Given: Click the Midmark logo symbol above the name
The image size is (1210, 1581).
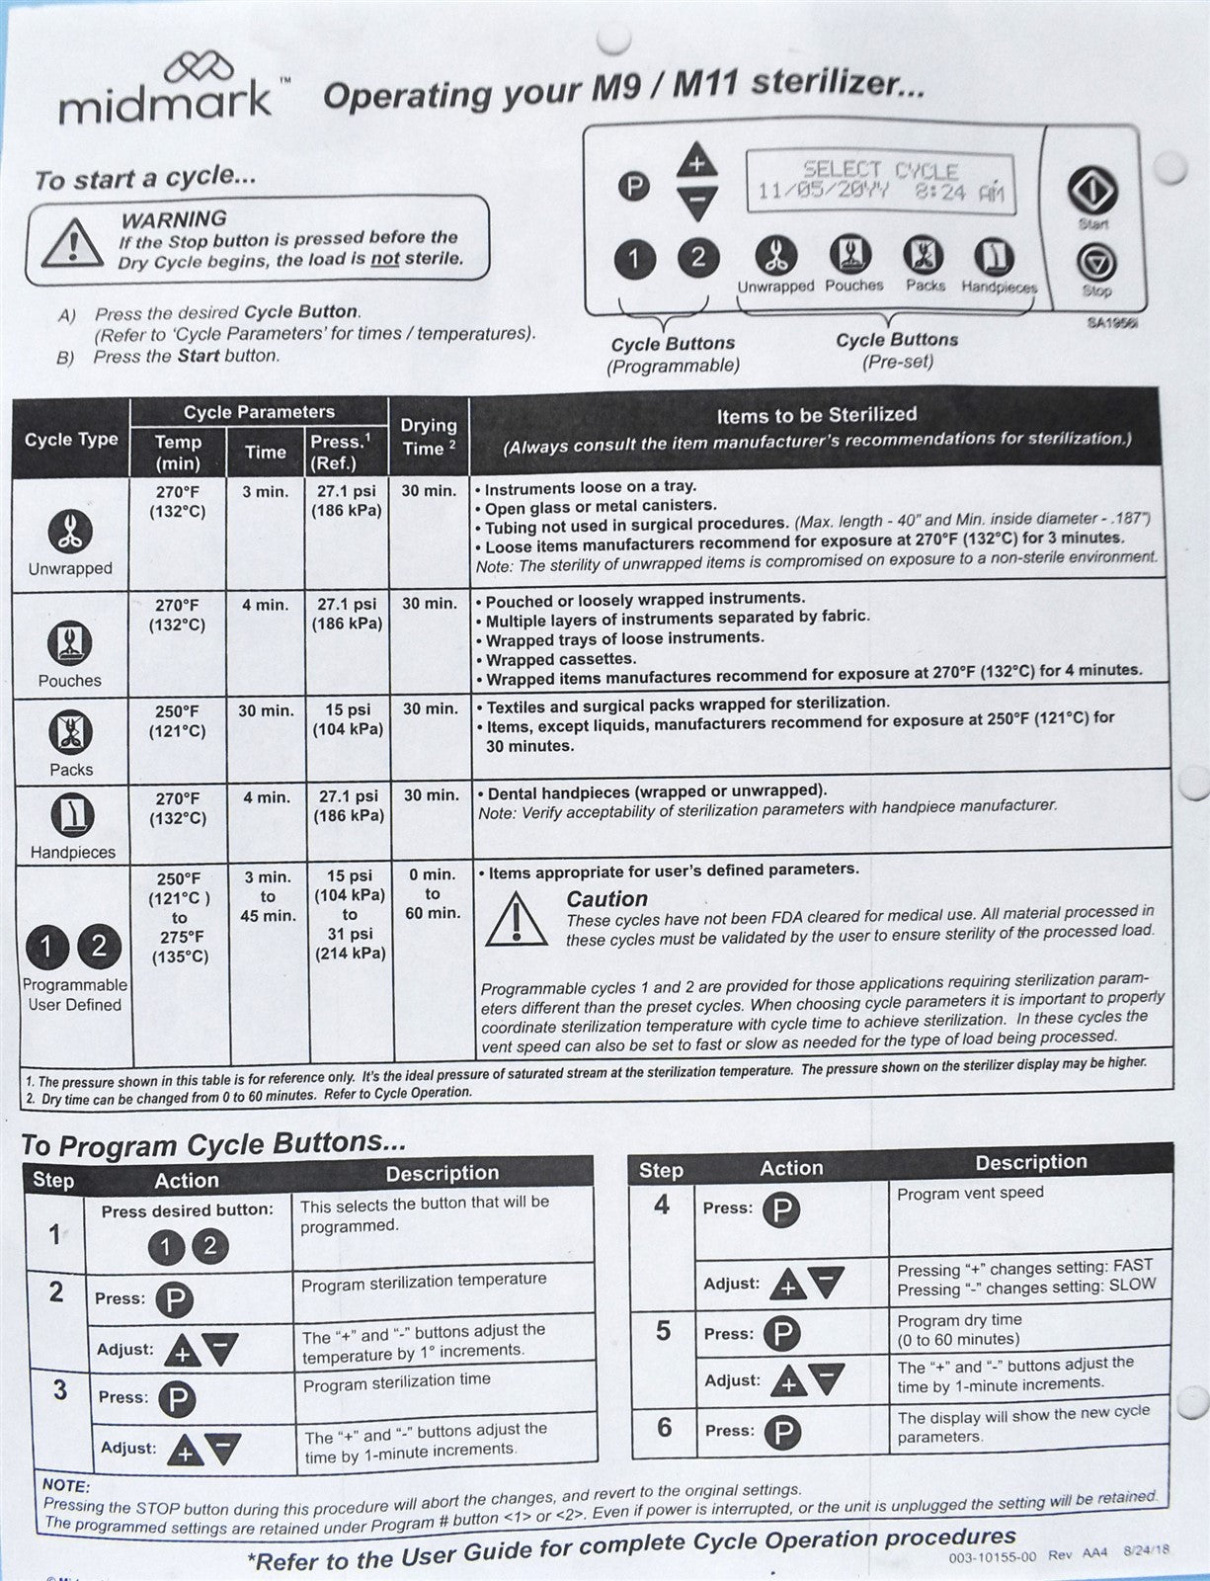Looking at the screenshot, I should pos(200,67).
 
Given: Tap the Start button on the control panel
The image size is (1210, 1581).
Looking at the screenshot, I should pos(1091,190).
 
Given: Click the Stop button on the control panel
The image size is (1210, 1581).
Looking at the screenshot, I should pos(1095,264).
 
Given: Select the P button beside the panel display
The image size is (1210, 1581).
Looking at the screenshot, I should pos(633,185).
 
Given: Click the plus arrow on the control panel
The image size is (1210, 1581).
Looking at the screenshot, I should pos(697,160).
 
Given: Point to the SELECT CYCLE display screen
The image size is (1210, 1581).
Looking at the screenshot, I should pos(879,181).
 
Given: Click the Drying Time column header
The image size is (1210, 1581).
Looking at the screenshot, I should pos(429,437).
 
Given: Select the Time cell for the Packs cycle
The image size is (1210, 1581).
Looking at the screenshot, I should pos(266,709).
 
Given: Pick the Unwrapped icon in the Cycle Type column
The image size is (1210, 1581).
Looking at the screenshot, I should pos(70,533).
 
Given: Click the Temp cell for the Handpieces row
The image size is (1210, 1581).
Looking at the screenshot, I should pos(178,807).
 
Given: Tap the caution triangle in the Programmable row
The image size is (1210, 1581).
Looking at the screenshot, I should pos(516,918).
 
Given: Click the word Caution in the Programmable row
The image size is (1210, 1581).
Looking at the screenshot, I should pos(606,899).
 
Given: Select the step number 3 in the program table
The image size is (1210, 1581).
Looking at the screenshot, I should pos(60,1389).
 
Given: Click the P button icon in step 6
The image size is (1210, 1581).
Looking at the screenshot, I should pos(782,1432).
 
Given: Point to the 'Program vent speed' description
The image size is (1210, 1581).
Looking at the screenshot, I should pos(970,1193).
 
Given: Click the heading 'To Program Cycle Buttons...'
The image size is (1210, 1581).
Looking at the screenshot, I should pos(213,1144).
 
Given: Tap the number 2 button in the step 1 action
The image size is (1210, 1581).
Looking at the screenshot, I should pos(209,1246).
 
